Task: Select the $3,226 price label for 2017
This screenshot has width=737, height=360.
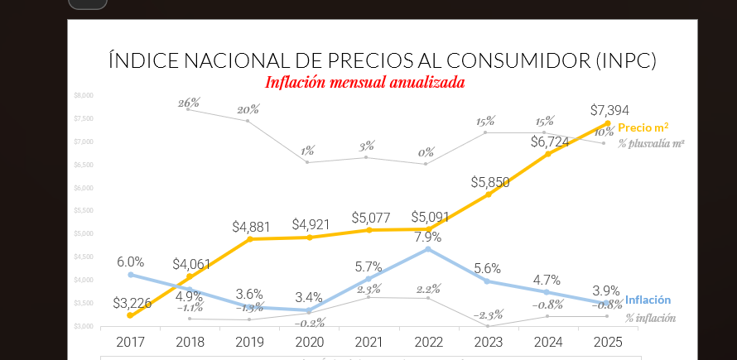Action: click(x=132, y=303)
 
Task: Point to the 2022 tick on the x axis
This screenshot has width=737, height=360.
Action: click(x=428, y=341)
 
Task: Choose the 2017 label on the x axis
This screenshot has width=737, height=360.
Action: click(x=130, y=341)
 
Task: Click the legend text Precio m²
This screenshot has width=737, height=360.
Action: click(x=643, y=127)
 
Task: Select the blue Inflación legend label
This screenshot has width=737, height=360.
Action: click(x=648, y=300)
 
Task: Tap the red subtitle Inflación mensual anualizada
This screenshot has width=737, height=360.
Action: click(x=364, y=83)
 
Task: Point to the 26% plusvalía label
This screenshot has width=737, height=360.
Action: click(x=189, y=103)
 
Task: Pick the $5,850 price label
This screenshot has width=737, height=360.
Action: click(x=489, y=182)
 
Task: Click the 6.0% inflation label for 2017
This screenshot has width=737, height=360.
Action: click(x=130, y=262)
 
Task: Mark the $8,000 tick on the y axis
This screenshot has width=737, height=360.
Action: click(x=84, y=95)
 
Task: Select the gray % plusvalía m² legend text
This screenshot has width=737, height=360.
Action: click(x=651, y=144)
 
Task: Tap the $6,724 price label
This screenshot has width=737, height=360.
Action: click(x=549, y=142)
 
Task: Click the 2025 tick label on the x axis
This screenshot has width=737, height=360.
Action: click(x=607, y=341)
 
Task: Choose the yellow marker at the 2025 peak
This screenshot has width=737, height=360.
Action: click(x=608, y=124)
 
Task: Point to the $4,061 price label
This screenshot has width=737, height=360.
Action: click(x=192, y=265)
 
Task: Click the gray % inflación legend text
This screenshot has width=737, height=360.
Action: click(x=650, y=318)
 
